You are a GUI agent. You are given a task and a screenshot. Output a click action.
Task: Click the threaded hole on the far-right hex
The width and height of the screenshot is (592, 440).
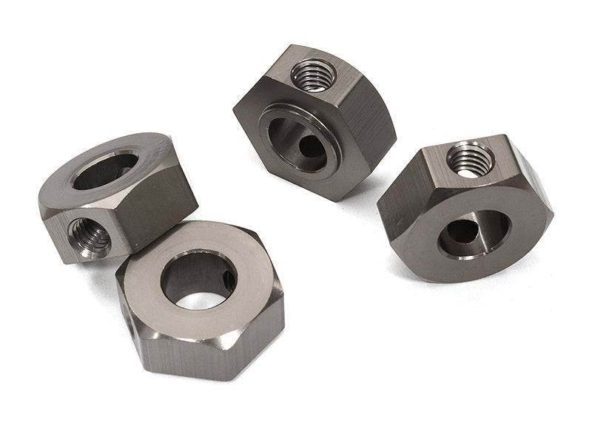470,158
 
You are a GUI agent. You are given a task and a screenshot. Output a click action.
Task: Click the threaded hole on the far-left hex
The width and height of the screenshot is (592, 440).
90,235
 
